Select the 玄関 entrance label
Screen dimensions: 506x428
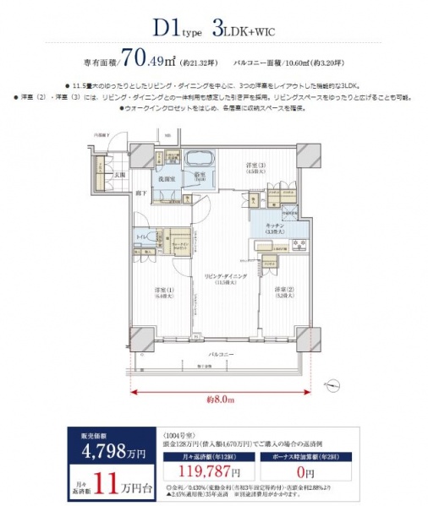pyautogui.click(x=122, y=175)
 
